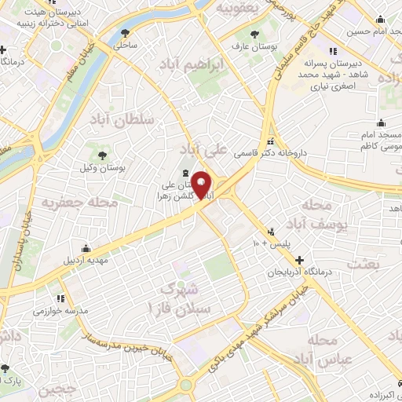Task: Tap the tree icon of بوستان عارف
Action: click(254, 33)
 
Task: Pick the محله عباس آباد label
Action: click(324, 351)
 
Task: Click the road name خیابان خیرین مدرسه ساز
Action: click(94, 338)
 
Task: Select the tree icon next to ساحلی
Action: click(126, 32)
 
